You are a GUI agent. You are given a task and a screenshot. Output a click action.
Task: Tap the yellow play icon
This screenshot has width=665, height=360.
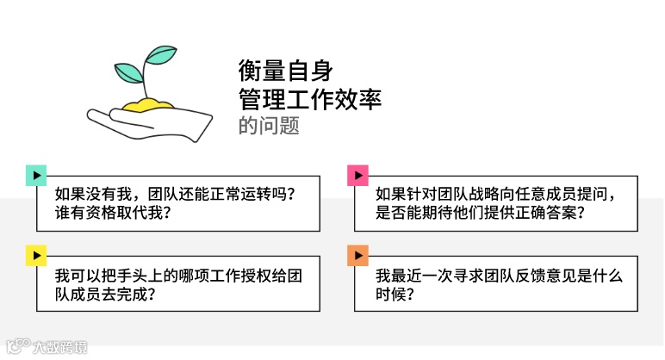click(x=35, y=256)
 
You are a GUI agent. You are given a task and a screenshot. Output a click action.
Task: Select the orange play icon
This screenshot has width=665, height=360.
click(x=357, y=256)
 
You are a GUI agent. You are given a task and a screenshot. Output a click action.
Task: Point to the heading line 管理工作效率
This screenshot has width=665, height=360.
click(x=309, y=99)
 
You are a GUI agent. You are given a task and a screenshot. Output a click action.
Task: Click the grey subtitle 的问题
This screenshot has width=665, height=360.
click(x=269, y=126)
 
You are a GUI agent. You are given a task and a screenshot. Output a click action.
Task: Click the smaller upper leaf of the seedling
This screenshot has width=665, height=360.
click(x=161, y=55)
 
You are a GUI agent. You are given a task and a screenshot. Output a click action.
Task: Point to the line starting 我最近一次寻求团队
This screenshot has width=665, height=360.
click(x=498, y=275)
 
